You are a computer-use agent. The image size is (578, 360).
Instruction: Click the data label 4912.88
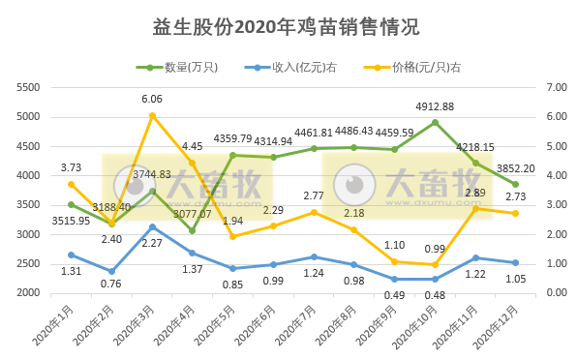[436, 106]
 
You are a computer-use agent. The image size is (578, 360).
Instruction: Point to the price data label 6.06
[152, 99]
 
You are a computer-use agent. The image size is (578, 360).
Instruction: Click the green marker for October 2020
[435, 123]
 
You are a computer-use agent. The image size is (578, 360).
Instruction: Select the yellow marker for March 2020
[152, 115]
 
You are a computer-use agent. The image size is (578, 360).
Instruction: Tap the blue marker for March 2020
[152, 226]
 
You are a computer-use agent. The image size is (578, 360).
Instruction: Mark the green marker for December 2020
[516, 185]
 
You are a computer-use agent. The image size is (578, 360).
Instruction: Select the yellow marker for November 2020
[475, 208]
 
